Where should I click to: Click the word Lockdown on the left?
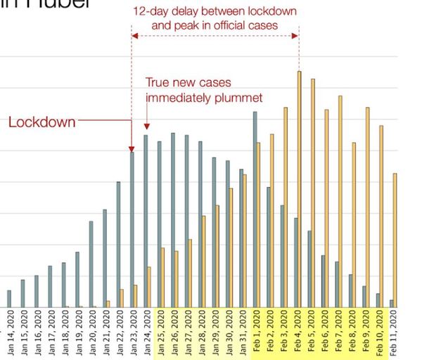[42, 122]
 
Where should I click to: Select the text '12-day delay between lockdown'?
[215, 13]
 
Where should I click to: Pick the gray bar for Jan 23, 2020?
[132, 229]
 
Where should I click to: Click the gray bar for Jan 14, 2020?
[9, 298]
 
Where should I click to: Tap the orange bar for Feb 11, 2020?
[395, 240]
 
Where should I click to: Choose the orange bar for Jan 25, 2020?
[163, 277]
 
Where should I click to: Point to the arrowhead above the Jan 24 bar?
[146, 127]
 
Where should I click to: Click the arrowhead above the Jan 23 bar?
[132, 148]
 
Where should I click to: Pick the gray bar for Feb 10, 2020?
[378, 300]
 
